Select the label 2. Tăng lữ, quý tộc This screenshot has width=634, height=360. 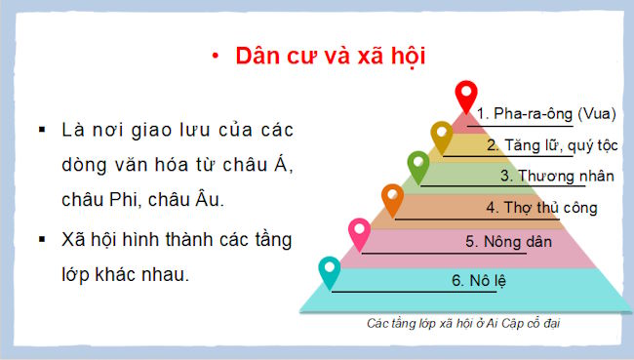551,145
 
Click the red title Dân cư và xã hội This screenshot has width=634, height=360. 332,55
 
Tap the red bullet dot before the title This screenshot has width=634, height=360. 213,56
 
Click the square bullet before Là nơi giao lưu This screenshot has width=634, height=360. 41,130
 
